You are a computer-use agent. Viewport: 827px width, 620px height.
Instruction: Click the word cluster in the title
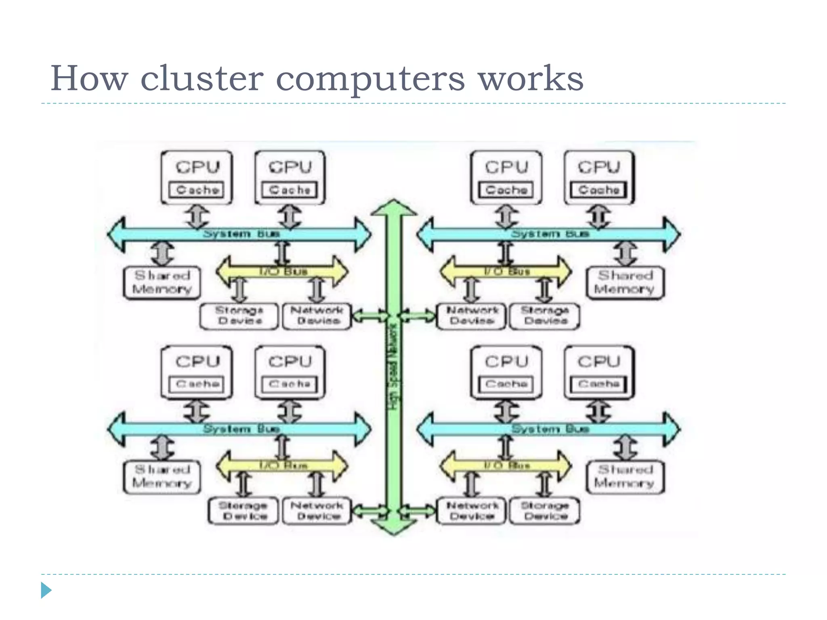(x=202, y=78)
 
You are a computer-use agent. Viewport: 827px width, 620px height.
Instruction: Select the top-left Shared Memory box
(x=162, y=283)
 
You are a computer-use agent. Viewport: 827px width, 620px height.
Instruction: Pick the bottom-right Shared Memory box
(x=625, y=477)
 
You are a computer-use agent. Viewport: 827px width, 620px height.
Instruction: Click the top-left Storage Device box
(x=239, y=316)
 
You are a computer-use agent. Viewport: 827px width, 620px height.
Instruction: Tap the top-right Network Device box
(x=471, y=316)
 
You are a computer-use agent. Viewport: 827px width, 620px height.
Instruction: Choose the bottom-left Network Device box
(x=317, y=511)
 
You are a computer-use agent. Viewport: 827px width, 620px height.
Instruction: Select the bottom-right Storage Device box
(x=544, y=511)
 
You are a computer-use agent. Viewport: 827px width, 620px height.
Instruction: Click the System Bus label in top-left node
(x=241, y=234)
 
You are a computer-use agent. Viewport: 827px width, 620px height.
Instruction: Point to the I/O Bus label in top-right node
(x=507, y=271)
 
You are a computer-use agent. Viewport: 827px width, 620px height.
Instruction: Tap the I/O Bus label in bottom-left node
(x=283, y=465)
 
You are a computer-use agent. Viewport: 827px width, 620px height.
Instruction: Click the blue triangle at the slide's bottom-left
(x=46, y=590)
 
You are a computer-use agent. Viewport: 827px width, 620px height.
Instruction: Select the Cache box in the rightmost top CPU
(x=598, y=190)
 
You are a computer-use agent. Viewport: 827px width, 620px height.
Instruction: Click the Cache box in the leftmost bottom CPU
(x=197, y=384)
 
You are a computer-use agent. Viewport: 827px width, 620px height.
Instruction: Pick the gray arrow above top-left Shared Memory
(x=162, y=253)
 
